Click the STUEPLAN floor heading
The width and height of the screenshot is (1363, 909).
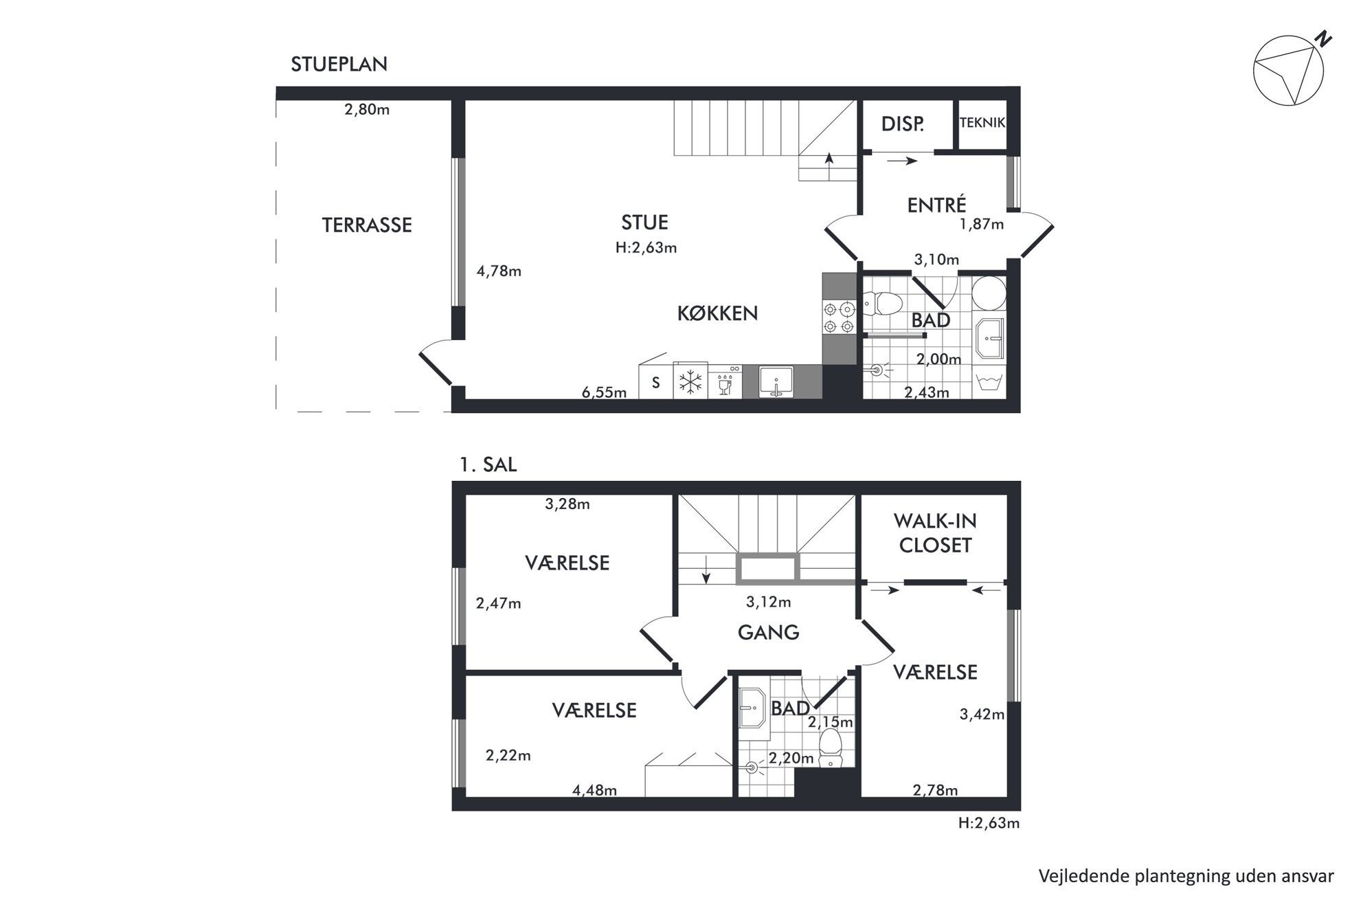(x=339, y=64)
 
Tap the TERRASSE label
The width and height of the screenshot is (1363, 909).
(x=367, y=225)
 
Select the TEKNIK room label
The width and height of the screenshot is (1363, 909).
(x=982, y=122)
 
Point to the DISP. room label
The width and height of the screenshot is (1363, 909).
(x=902, y=124)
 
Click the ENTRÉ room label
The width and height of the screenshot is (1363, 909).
(x=936, y=204)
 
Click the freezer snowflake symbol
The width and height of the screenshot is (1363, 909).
(x=690, y=382)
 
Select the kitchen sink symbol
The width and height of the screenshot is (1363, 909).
(x=776, y=382)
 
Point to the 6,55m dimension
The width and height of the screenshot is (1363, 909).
(x=604, y=392)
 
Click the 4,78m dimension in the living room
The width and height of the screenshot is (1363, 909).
(x=499, y=271)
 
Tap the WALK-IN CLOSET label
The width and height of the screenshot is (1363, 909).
(x=935, y=533)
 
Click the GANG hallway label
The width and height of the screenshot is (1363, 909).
(x=768, y=632)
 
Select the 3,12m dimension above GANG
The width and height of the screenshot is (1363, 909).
(x=768, y=603)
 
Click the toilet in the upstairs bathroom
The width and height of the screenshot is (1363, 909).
(x=831, y=747)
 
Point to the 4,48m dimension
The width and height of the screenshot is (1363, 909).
(x=594, y=790)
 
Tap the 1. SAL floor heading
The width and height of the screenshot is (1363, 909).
(x=488, y=464)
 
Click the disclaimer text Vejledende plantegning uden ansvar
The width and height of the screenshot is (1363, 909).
(x=1186, y=877)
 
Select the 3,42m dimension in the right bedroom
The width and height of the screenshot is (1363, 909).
(x=982, y=715)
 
